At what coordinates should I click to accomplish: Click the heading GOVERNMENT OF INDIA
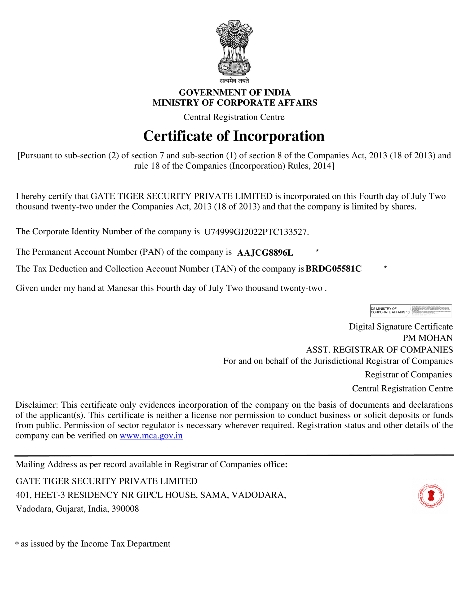(234, 92)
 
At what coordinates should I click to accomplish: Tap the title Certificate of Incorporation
(234, 136)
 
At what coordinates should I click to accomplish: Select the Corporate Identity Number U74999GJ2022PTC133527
(256, 232)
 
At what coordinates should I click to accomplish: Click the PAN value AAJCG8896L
(265, 253)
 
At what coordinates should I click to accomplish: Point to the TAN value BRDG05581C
(333, 269)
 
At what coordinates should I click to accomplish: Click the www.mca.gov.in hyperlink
(151, 436)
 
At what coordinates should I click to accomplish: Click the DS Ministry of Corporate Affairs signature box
(411, 311)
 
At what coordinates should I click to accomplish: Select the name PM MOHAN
(428, 338)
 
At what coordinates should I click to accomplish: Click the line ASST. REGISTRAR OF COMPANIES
(379, 350)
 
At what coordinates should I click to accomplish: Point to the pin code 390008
(125, 509)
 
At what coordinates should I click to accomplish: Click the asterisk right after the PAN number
(317, 251)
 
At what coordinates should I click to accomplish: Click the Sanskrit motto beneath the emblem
(234, 81)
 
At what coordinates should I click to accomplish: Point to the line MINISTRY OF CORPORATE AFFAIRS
(234, 103)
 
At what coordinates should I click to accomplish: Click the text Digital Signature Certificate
(400, 327)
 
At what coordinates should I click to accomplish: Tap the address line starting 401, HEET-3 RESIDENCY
(151, 495)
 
